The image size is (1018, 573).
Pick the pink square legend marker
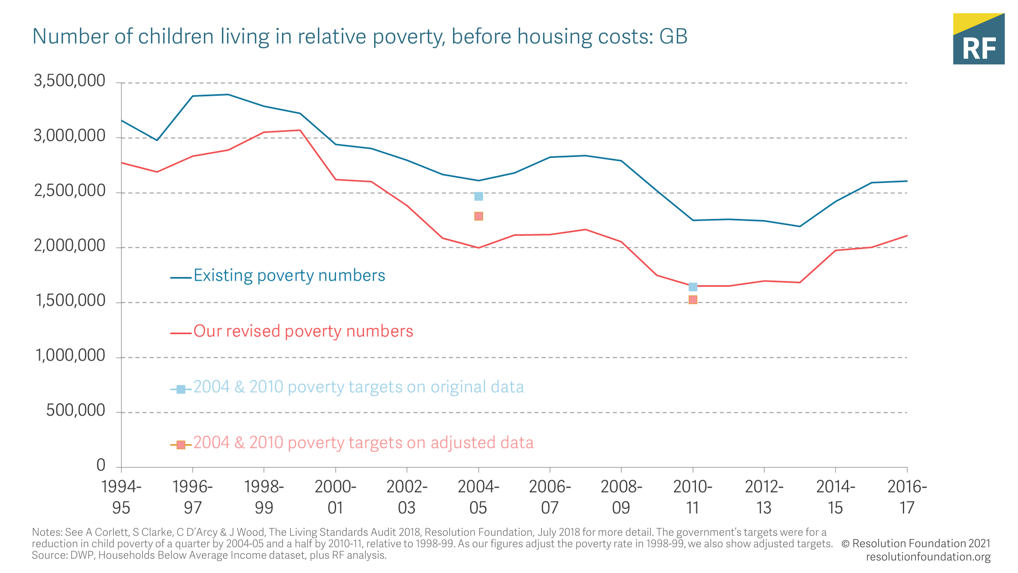[x=181, y=445]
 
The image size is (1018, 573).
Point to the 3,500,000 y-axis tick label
[x=69, y=81]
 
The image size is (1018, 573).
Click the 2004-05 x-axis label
[x=478, y=497]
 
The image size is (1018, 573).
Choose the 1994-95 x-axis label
[x=121, y=497]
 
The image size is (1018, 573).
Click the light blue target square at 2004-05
[x=478, y=197]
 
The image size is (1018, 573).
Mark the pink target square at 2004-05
[x=478, y=216]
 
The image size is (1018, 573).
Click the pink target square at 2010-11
[x=693, y=300]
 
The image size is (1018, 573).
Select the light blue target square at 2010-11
[x=693, y=287]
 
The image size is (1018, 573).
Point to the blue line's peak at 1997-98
[x=228, y=94]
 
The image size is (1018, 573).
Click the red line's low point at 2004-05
[x=478, y=248]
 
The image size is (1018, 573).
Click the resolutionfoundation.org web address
[x=928, y=557]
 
